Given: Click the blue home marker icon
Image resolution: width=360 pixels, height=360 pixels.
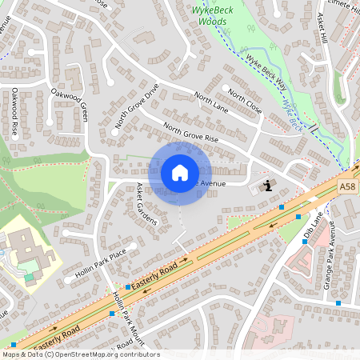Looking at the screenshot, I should point(180,173).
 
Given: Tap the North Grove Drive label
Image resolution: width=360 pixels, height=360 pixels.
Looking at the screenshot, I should point(137,106).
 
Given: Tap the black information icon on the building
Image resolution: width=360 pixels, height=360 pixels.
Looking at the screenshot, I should point(266,186).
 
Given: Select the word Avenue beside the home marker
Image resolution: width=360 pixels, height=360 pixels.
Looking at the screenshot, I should point(213,183).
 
